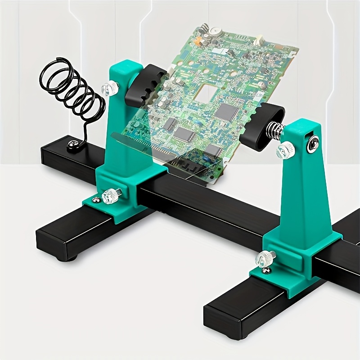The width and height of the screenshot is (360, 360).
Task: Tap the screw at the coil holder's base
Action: click(72, 144)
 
